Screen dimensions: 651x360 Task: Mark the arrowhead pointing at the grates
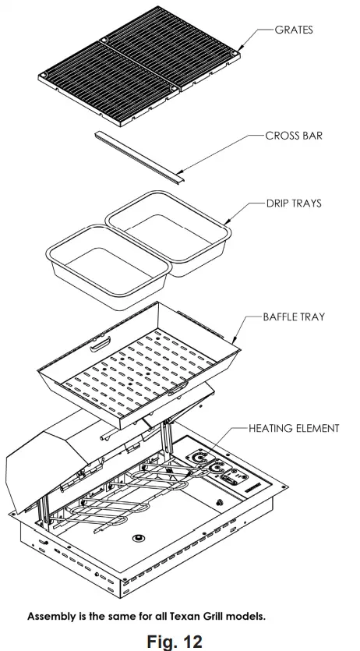238,50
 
